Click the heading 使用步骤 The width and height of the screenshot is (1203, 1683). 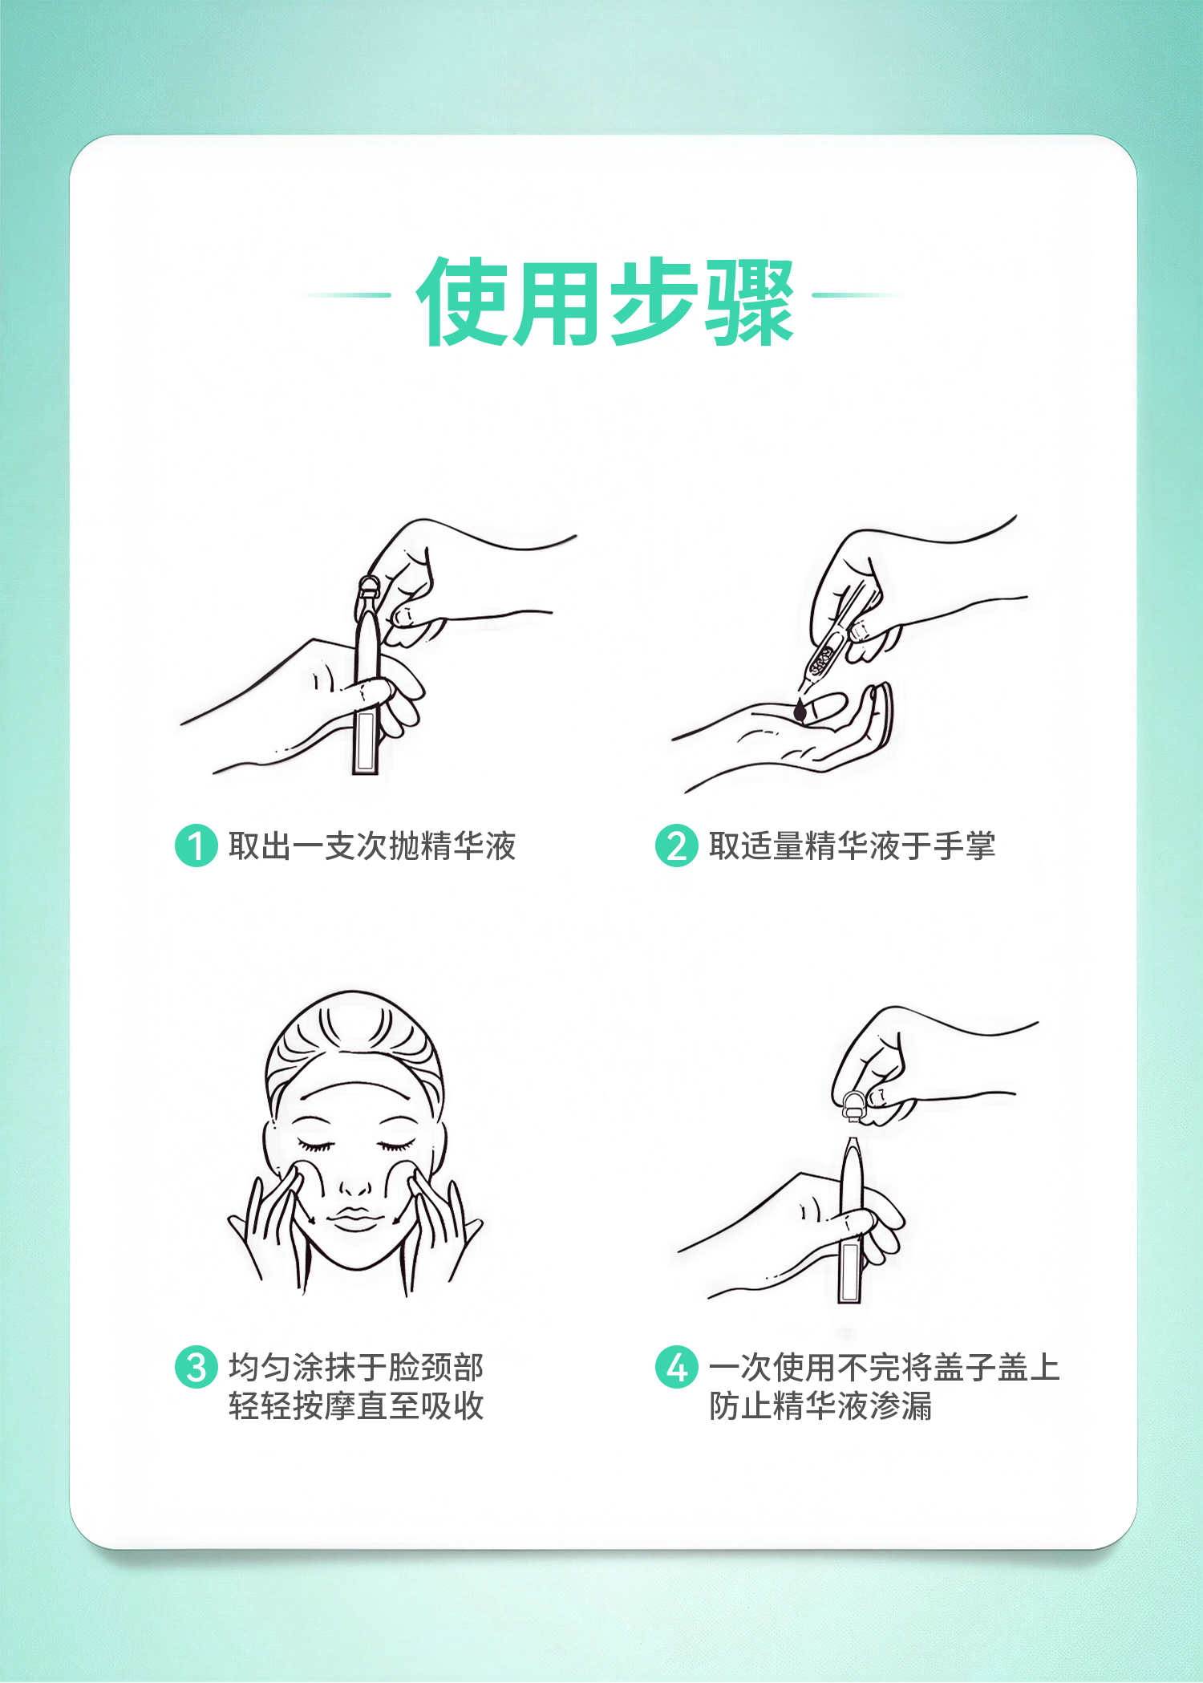pyautogui.click(x=606, y=302)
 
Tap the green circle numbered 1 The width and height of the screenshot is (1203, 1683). pyautogui.click(x=196, y=846)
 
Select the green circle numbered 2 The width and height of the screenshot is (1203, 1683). pyautogui.click(x=677, y=846)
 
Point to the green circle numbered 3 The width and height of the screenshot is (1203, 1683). pyautogui.click(x=196, y=1367)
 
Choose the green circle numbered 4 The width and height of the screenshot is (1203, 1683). pyautogui.click(x=677, y=1367)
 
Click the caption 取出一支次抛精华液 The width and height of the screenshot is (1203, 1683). pyautogui.click(x=372, y=846)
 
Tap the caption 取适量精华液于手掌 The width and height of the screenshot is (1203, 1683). pyautogui.click(x=853, y=846)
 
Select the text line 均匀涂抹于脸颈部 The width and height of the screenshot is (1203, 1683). pyautogui.click(x=356, y=1367)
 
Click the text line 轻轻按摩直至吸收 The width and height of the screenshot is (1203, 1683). pyautogui.click(x=356, y=1405)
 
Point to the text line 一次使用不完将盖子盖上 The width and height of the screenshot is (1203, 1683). pyautogui.click(x=885, y=1367)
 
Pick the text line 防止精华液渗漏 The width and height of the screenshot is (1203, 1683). pyautogui.click(x=820, y=1405)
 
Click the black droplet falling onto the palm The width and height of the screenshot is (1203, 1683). pyautogui.click(x=800, y=711)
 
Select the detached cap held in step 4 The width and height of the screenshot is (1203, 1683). pyautogui.click(x=853, y=1105)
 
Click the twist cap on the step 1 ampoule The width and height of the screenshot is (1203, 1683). pyautogui.click(x=368, y=590)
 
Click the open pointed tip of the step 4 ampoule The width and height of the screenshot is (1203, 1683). pyautogui.click(x=852, y=1142)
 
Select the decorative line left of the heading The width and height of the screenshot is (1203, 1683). pyautogui.click(x=346, y=295)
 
